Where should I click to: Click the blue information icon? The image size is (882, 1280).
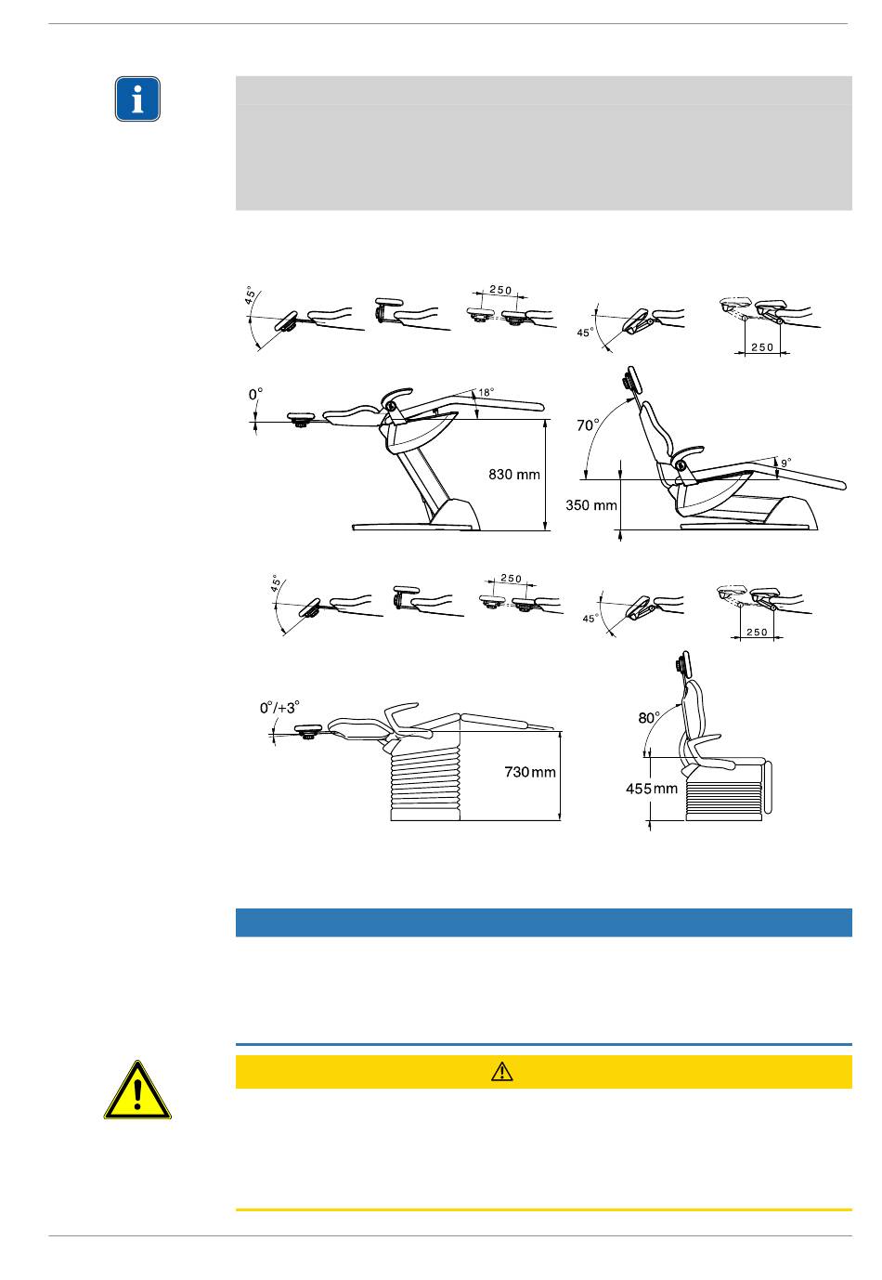137,98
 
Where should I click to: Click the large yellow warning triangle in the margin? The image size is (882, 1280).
137,1090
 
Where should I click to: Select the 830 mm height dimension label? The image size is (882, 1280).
514,475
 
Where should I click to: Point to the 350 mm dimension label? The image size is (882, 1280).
591,505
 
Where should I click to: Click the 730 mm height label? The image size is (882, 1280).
530,773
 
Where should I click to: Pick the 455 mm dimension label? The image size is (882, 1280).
652,789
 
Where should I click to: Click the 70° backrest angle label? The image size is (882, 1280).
588,425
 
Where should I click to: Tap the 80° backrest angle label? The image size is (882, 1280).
649,718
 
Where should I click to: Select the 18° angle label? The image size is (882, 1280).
486,393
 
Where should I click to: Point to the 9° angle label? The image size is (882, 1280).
786,463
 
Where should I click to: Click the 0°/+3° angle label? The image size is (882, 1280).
279,708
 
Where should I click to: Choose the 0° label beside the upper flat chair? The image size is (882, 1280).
255,394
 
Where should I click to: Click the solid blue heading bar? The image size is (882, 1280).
543,923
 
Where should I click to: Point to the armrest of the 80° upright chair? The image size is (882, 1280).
708,754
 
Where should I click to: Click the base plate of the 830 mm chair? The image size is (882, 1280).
415,527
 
